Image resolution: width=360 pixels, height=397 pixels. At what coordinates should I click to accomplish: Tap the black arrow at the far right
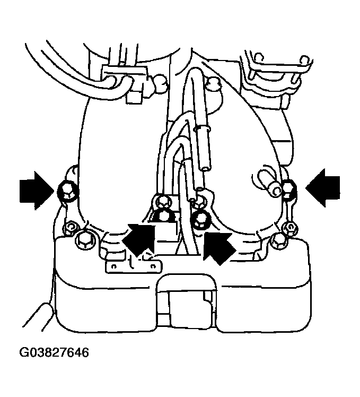tap(325, 187)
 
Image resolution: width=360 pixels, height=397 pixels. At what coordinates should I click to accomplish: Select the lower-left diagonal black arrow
tap(139, 239)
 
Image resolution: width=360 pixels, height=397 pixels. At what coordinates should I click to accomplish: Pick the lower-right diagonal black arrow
tap(219, 245)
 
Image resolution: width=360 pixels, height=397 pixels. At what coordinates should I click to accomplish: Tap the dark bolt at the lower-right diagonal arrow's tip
tap(200, 218)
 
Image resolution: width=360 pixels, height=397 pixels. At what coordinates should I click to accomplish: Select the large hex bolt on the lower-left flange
tap(84, 239)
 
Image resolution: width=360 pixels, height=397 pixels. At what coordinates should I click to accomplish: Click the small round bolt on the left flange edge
tap(68, 228)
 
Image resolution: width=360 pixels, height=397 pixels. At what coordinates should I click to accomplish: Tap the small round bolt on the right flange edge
tap(289, 228)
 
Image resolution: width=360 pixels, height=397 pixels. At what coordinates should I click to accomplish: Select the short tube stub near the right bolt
tap(273, 186)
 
